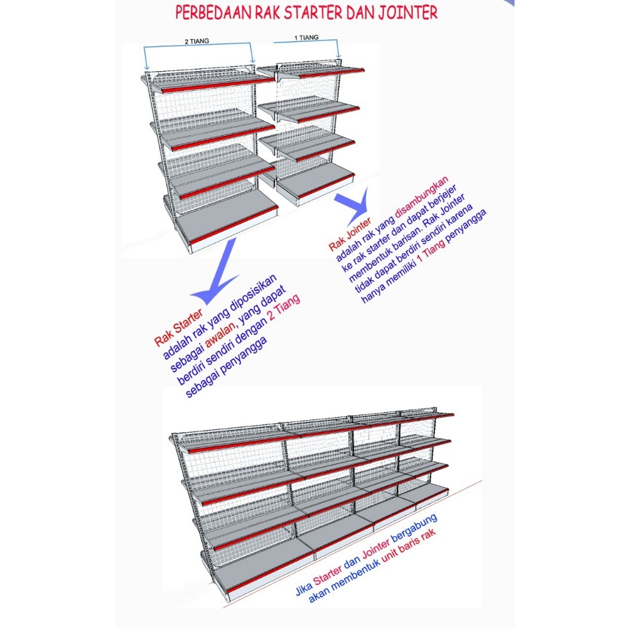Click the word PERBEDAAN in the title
point(214,13)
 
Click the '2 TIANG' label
point(197,41)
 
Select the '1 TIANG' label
point(307,37)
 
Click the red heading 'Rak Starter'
point(179,328)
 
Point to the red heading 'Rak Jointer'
point(350,234)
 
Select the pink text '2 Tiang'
point(284,308)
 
